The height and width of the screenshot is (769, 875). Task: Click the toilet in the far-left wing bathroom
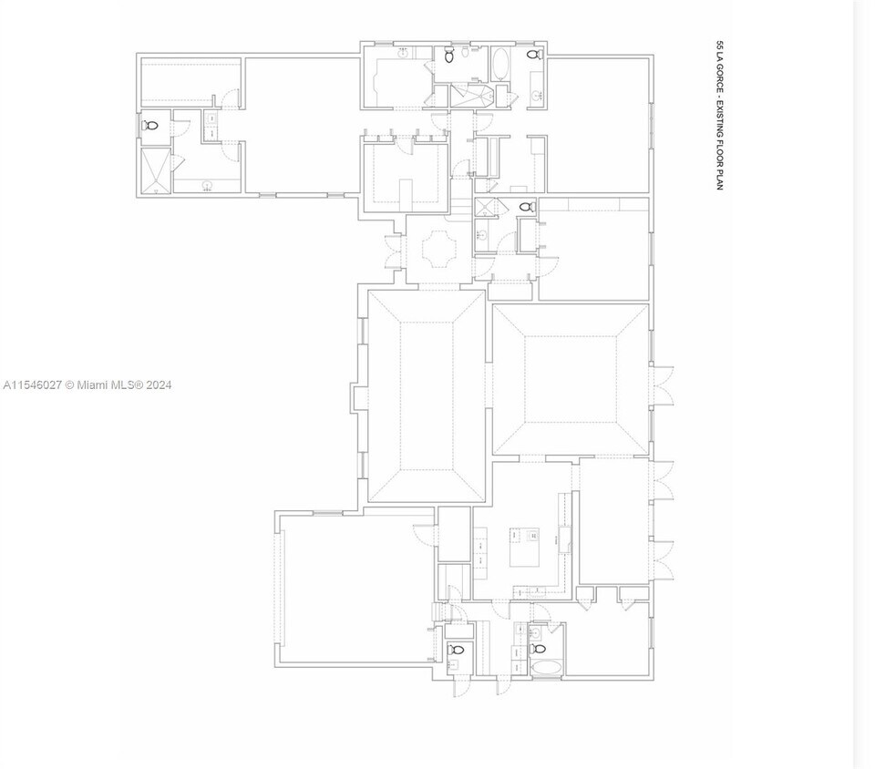[151, 125]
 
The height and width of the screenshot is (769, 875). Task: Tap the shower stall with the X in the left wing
[155, 171]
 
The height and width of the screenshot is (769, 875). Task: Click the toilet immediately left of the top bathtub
[449, 56]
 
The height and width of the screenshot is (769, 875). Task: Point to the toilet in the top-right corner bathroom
[535, 56]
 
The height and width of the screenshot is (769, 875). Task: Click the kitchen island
[526, 547]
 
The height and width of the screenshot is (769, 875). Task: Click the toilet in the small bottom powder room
[456, 650]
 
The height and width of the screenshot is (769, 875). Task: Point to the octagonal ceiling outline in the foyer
[437, 250]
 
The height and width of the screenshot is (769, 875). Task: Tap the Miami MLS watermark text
[87, 385]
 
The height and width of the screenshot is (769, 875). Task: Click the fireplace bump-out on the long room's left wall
[359, 398]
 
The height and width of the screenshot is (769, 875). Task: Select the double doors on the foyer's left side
[393, 252]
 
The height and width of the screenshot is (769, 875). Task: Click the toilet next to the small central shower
[526, 207]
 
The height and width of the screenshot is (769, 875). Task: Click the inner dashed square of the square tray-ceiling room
[571, 379]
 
